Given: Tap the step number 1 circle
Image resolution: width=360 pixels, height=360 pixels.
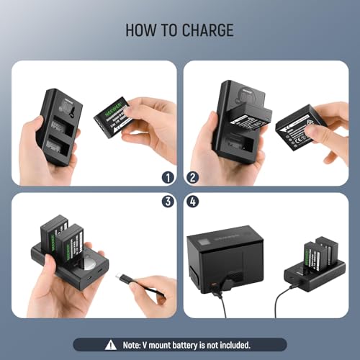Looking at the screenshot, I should tap(167, 176).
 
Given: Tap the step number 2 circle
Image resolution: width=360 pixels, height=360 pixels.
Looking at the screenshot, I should tap(192, 176).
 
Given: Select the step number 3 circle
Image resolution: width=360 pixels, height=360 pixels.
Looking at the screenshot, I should tap(167, 202).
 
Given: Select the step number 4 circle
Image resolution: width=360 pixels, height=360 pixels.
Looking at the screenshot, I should tap(192, 202).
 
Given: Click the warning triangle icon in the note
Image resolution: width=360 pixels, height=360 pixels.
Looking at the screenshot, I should tap(109, 345).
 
